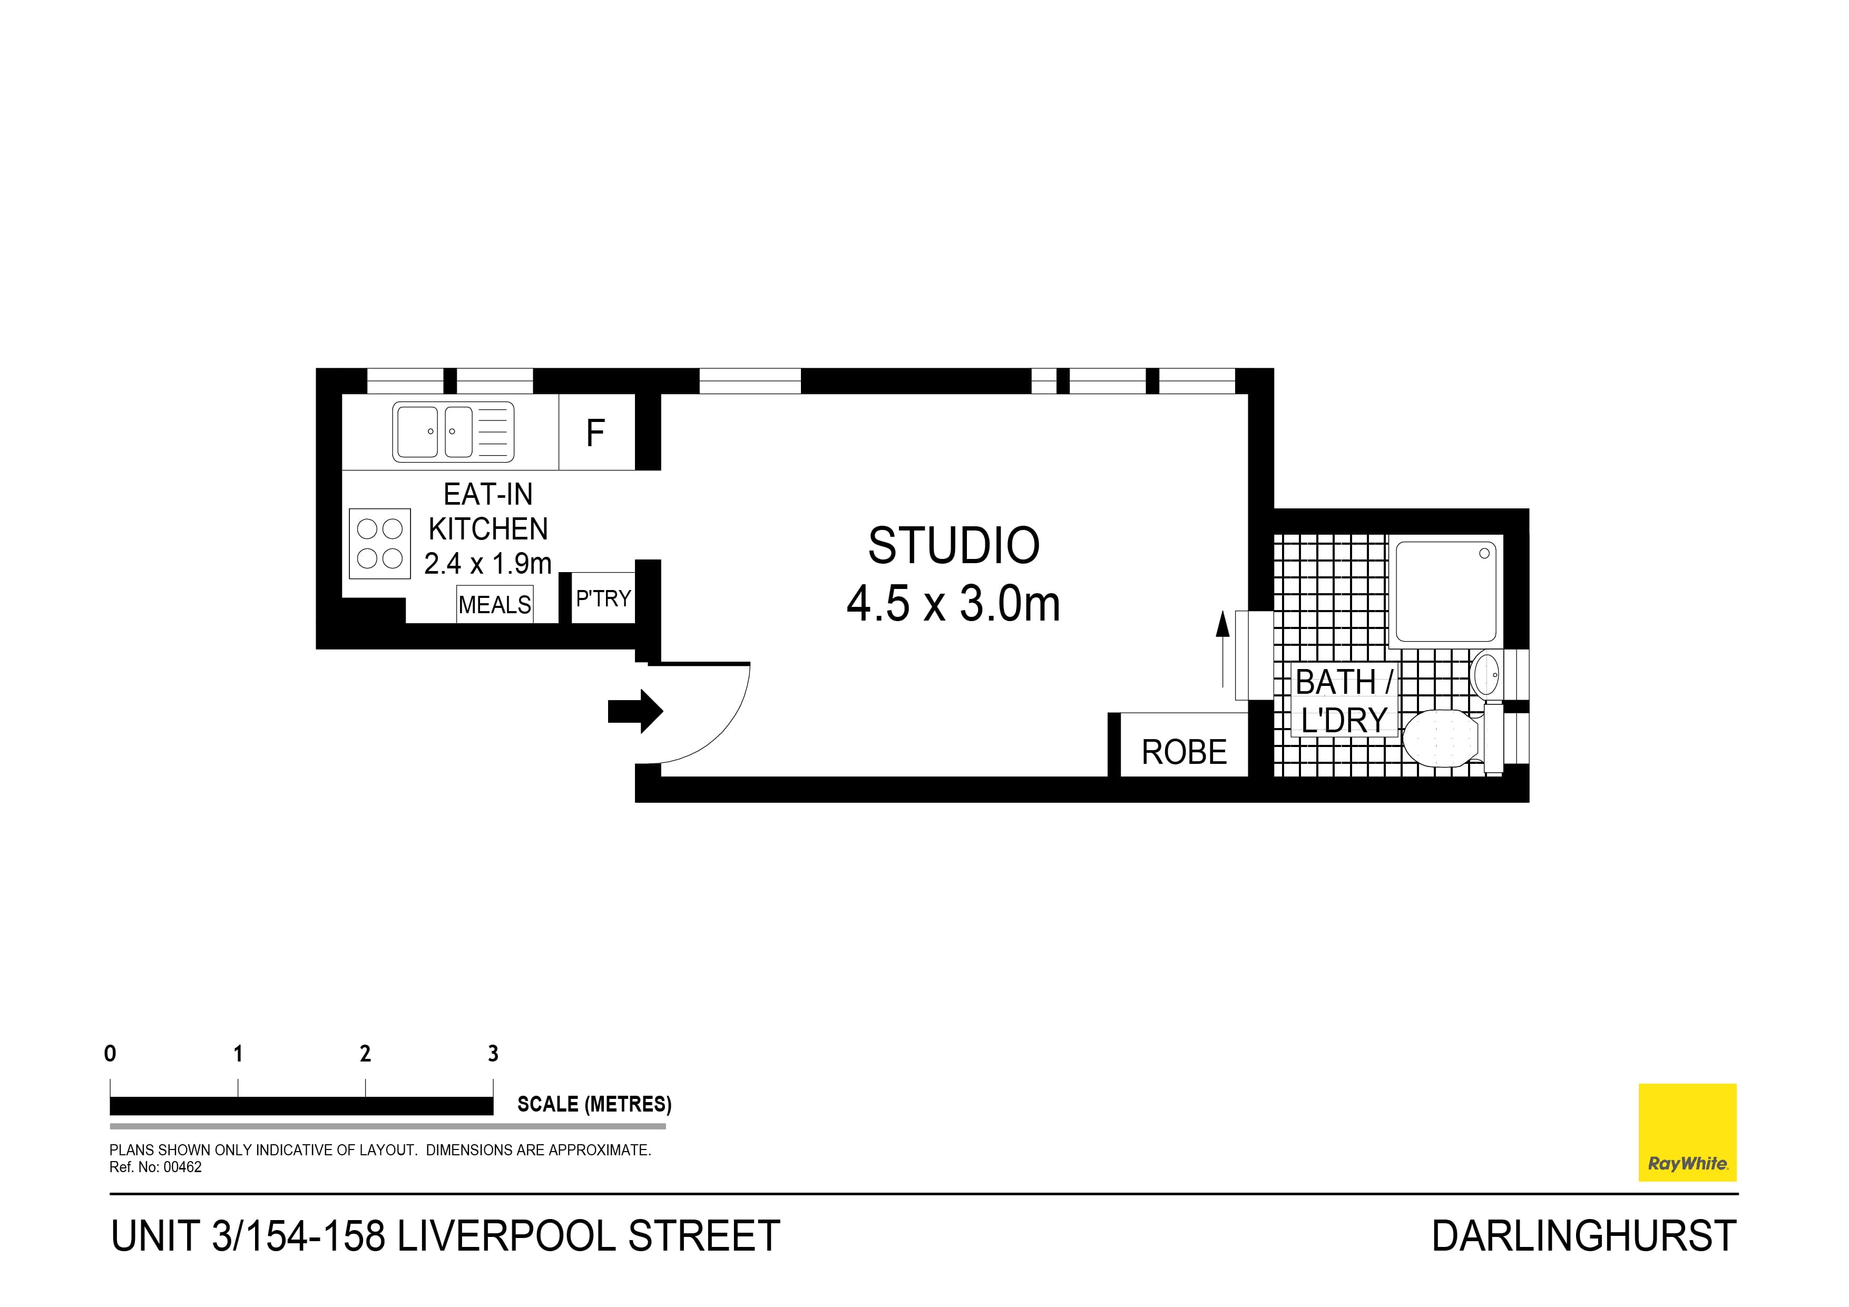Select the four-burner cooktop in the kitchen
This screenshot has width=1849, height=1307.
point(379,544)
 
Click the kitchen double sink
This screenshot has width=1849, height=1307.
point(453,431)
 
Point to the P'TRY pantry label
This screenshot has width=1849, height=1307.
point(603,598)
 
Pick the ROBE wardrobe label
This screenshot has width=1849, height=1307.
point(1184,752)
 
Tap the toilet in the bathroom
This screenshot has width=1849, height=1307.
point(1442,738)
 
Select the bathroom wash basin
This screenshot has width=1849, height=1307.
point(1484,673)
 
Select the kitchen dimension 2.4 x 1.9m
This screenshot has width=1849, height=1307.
point(488,563)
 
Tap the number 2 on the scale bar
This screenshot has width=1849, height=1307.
point(366,1053)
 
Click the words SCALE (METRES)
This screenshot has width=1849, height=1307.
point(594,1104)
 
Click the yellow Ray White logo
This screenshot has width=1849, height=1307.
point(1687,1132)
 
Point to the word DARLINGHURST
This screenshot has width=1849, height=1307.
point(1583,1236)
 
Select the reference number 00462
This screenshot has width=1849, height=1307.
point(183,1167)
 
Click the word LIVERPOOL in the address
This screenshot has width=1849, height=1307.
point(507,1236)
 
